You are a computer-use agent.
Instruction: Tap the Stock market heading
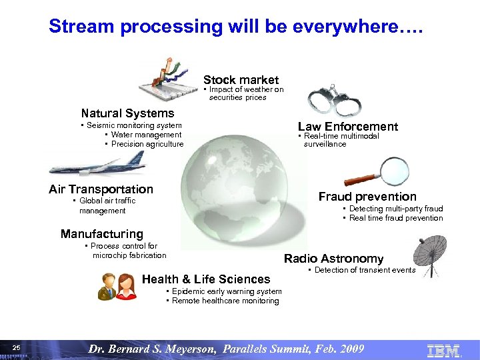point(241,80)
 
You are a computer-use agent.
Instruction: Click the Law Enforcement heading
point(347,127)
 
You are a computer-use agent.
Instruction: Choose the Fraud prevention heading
point(367,197)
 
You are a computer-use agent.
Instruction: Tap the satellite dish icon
point(434,255)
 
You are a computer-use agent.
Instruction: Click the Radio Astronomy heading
point(333,259)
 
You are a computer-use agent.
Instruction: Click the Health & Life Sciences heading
point(206,279)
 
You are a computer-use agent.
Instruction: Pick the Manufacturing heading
point(101,234)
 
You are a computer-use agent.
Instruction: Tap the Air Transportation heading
point(101,189)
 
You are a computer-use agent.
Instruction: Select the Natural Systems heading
point(127,113)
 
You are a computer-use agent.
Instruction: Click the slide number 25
point(17,348)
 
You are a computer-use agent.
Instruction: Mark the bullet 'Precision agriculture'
point(147,144)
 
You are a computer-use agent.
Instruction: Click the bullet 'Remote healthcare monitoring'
point(225,301)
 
